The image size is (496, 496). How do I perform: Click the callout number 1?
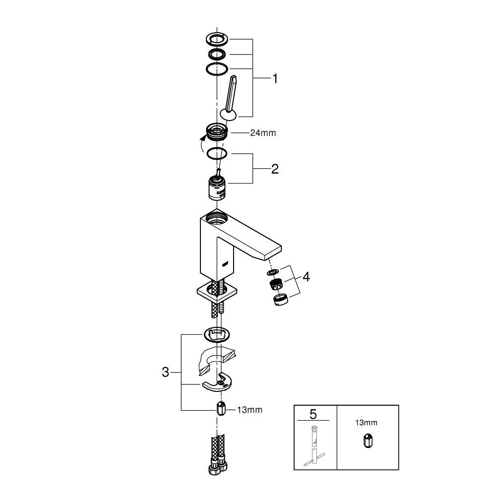274,78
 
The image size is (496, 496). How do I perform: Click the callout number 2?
274,169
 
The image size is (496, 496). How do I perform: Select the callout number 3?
166,372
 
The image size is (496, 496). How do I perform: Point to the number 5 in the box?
312,414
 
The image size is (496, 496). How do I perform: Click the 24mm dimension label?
263,133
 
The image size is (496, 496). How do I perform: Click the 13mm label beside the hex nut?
249,410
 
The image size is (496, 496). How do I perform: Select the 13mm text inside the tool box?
366,423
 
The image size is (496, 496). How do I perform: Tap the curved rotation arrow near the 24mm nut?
202,144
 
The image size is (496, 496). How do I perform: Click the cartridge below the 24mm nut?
216,187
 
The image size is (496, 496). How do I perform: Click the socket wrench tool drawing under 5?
314,446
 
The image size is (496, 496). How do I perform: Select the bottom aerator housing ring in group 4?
280,300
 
